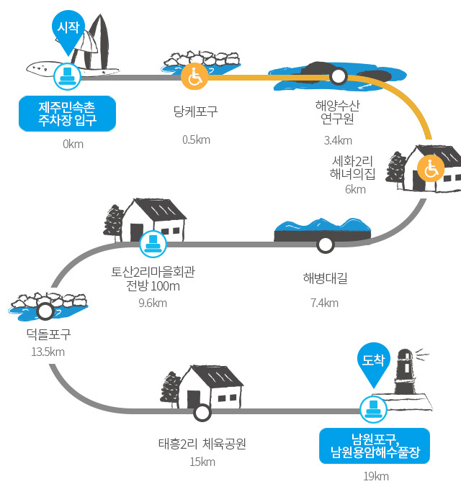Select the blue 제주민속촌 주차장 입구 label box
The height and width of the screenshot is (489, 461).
[67, 114]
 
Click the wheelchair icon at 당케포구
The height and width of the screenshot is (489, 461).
[194, 76]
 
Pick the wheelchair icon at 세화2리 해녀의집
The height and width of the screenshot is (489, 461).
[431, 168]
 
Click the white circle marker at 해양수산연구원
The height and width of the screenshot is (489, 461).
[338, 76]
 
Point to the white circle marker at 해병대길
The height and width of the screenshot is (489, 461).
[325, 244]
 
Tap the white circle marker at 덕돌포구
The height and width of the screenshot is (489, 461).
[45, 311]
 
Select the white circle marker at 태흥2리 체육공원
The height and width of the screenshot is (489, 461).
[202, 412]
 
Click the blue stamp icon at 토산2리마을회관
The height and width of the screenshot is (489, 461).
[153, 244]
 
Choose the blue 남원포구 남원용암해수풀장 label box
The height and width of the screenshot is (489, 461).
[375, 446]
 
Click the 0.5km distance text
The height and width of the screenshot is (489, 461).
[196, 140]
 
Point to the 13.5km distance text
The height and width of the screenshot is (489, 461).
[48, 352]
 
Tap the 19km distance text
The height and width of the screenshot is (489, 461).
[376, 476]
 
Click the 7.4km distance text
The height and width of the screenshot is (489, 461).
[324, 303]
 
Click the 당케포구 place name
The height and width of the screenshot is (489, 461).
[195, 111]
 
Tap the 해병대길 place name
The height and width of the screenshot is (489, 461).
[325, 278]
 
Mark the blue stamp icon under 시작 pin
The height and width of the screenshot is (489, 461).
[67, 76]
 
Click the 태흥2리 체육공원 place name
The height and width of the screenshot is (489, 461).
[202, 444]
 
